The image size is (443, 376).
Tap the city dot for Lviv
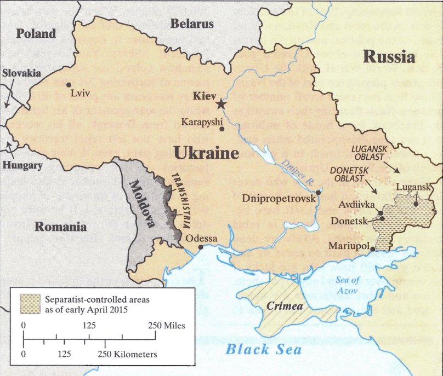point(69,85)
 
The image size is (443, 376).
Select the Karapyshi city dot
point(222,129)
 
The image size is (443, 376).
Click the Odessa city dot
point(201,247)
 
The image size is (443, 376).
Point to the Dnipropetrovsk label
point(279,199)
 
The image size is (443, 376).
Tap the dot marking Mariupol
point(373,249)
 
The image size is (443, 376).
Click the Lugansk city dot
point(417,204)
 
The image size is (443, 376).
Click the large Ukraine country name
point(206,153)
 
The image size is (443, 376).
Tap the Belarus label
point(191,24)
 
